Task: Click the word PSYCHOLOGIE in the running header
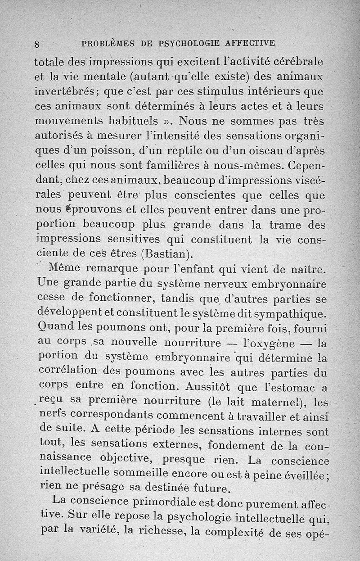[x=189, y=43]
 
